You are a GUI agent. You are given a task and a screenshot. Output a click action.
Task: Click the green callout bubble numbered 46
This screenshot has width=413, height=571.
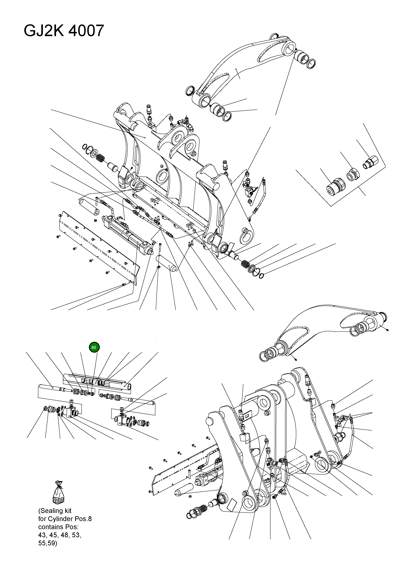pyautogui.click(x=94, y=347)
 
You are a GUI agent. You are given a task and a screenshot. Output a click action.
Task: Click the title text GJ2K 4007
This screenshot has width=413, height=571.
pyautogui.click(x=64, y=31)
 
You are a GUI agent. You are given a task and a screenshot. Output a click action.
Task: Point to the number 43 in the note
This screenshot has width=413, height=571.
pyautogui.click(x=42, y=535)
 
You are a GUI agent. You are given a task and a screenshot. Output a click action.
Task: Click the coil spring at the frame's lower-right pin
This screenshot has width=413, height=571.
pyautogui.click(x=245, y=264)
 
